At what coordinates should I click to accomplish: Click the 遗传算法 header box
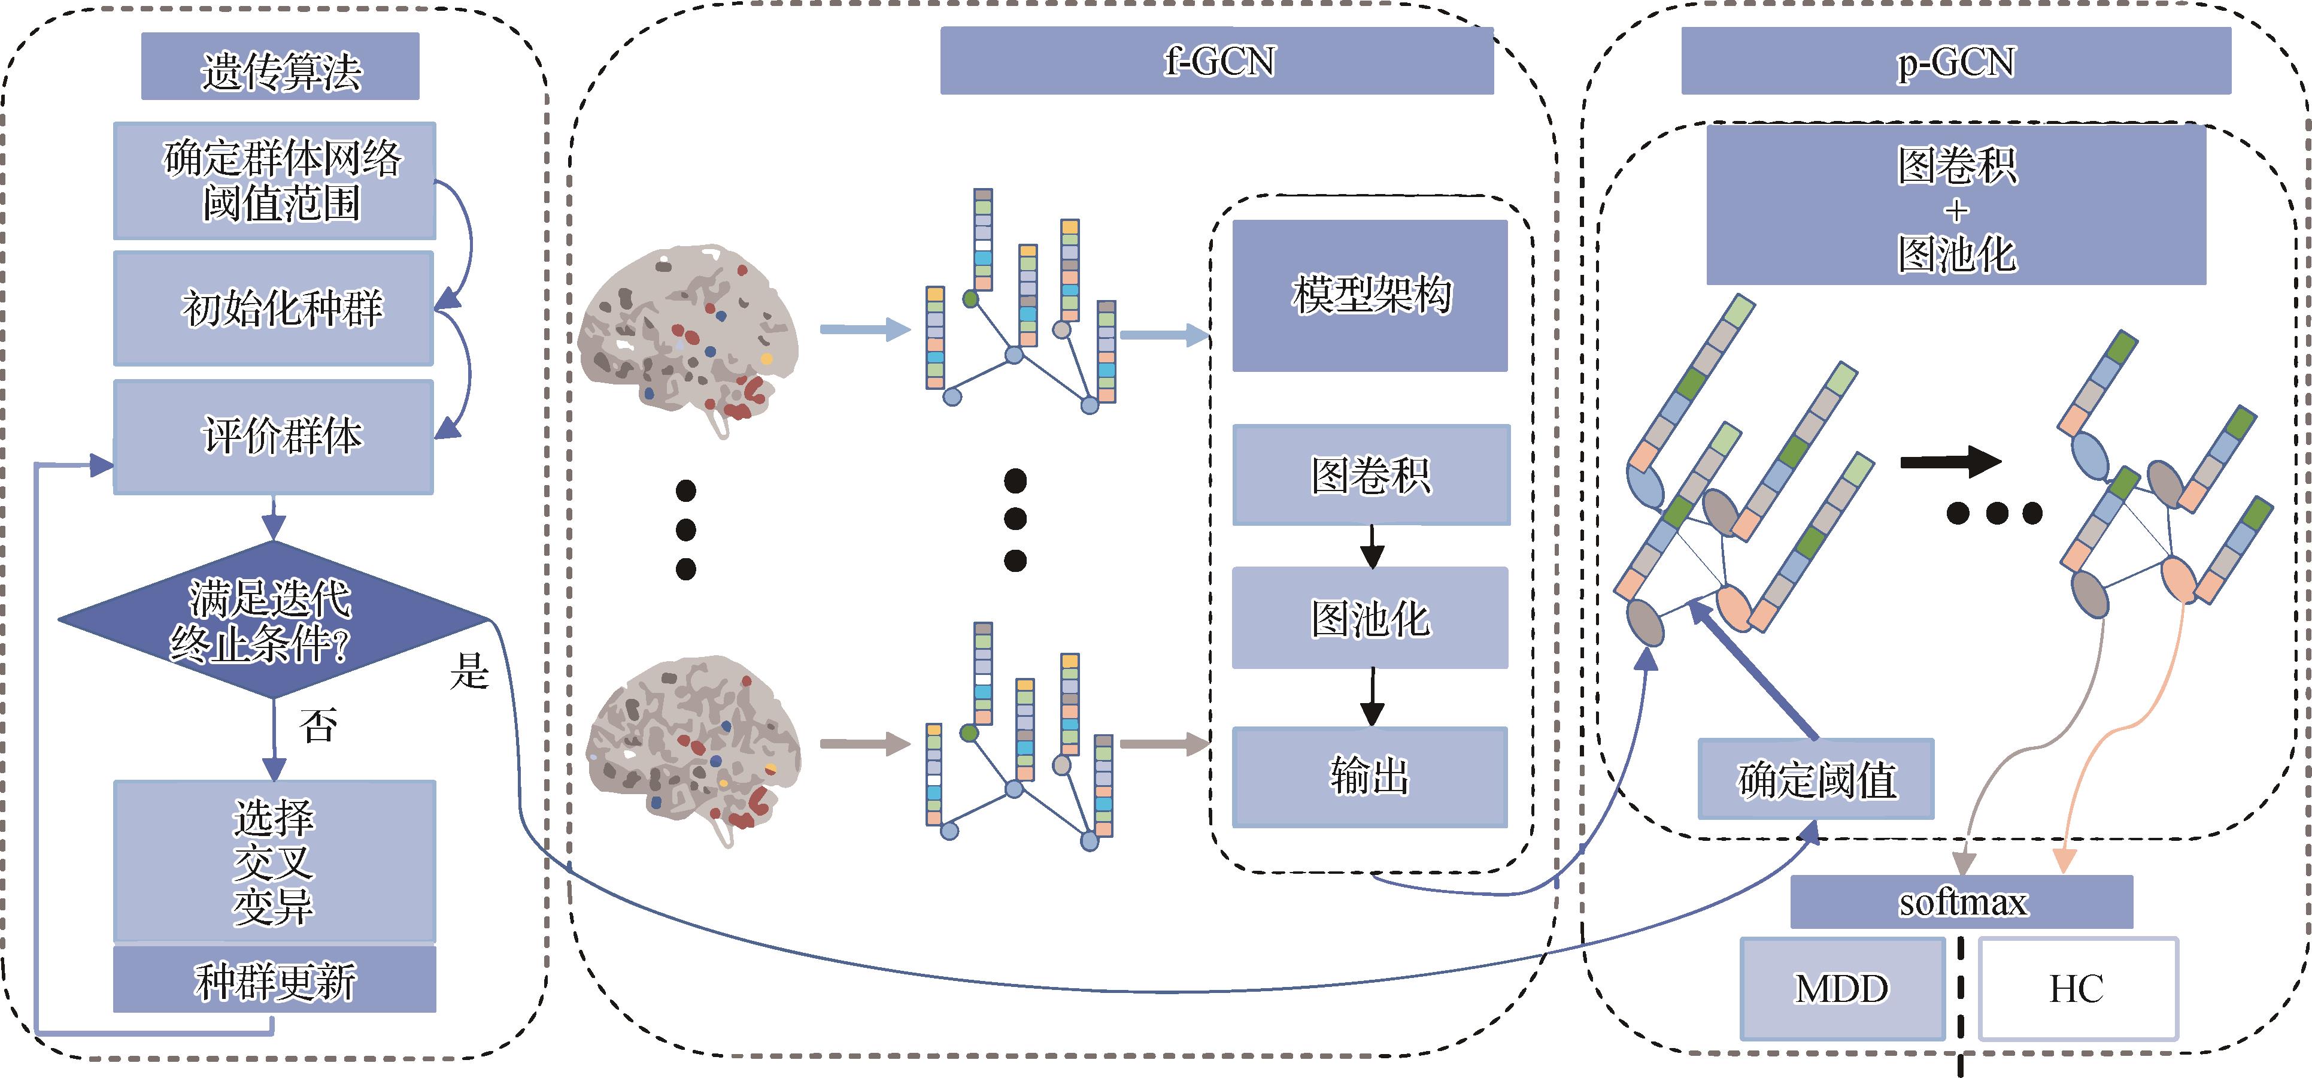(x=280, y=67)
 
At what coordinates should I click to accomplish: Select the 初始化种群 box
(x=274, y=308)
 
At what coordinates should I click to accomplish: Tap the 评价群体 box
(x=274, y=436)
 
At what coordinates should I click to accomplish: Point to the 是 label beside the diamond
(x=469, y=671)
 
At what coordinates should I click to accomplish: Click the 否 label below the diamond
(x=318, y=724)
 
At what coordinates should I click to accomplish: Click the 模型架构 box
(x=1370, y=295)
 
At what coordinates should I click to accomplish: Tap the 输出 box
(x=1370, y=776)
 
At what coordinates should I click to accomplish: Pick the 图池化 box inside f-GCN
(x=1370, y=617)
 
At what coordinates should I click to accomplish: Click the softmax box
(x=1961, y=901)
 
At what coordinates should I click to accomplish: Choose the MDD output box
(x=1841, y=988)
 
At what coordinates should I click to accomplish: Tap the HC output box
(x=2077, y=988)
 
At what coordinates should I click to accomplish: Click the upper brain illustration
(x=689, y=334)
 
